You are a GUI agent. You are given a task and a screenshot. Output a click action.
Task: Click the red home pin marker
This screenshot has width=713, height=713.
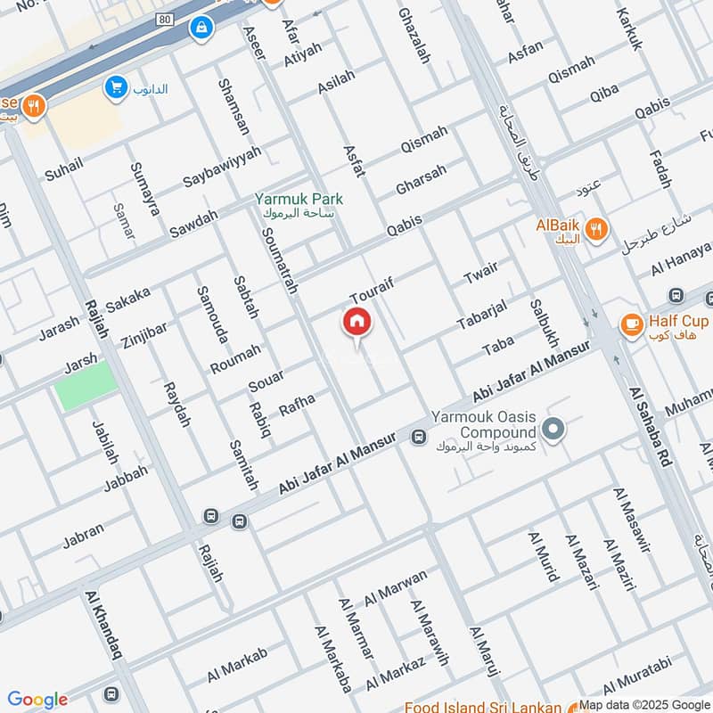tap(356, 321)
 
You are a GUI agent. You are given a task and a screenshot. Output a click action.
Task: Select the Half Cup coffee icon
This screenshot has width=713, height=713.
tap(632, 325)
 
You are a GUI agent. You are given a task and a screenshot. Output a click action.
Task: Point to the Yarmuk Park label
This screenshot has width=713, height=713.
tap(299, 201)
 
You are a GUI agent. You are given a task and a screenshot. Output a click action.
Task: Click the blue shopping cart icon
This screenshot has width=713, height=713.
tap(114, 87)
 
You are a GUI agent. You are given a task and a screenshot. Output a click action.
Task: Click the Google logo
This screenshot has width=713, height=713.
tap(38, 700)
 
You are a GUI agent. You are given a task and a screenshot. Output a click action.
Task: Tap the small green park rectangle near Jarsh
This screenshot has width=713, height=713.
tap(86, 386)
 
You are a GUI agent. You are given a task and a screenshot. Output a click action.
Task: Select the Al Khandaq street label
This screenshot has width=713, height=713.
tap(105, 629)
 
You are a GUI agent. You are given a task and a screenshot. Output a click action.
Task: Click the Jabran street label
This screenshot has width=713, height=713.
tap(83, 536)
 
